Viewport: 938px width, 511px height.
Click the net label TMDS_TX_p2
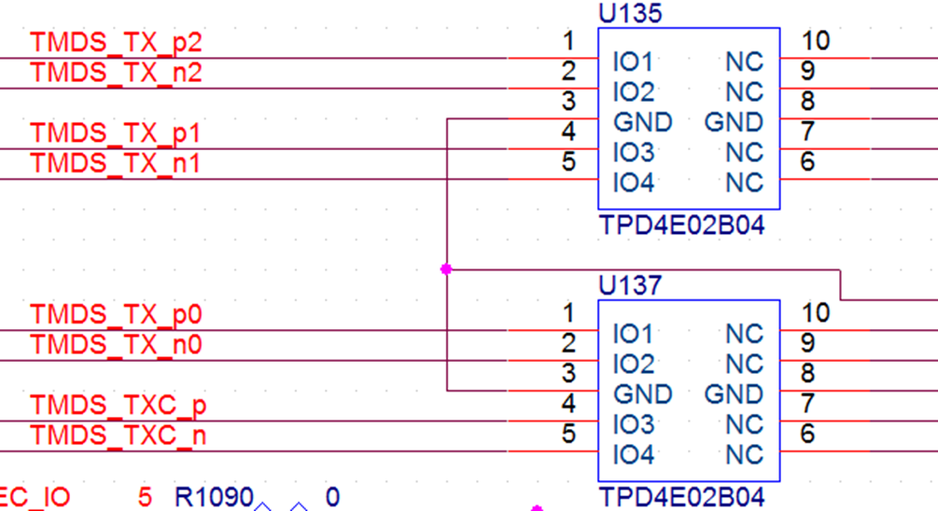tap(116, 43)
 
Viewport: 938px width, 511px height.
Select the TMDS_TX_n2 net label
tap(116, 73)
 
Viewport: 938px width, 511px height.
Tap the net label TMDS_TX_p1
tap(116, 133)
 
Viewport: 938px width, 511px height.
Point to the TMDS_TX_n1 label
tap(116, 163)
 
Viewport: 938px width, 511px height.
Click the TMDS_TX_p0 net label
tap(116, 315)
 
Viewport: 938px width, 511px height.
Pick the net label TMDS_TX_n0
tap(116, 345)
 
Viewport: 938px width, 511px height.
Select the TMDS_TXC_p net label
tap(119, 406)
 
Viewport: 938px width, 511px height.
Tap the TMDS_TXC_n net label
tap(119, 435)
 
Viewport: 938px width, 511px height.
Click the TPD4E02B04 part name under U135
tap(680, 226)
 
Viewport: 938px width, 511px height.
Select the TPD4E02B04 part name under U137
tap(680, 497)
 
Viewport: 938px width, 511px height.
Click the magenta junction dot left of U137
tap(446, 269)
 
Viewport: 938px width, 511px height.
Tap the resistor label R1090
tap(214, 497)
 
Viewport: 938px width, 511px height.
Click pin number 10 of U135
tap(815, 41)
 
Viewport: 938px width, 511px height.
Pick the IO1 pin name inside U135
tap(634, 62)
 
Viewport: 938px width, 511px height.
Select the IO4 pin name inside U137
tap(634, 455)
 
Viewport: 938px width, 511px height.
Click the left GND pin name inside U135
tap(642, 122)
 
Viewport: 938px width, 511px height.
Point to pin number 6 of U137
tap(807, 434)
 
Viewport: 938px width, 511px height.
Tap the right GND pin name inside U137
tap(734, 394)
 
